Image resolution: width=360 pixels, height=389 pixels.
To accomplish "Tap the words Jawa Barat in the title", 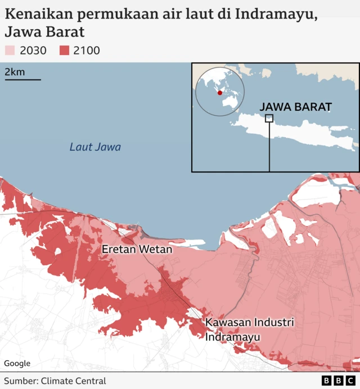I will pos(45,31).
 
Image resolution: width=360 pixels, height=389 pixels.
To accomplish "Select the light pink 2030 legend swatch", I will pos(10,51).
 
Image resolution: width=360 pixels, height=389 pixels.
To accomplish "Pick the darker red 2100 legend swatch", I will pos(64,51).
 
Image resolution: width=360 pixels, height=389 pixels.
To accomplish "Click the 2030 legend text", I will pos(33,51).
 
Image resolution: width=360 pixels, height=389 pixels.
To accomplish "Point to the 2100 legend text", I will pos(87,51).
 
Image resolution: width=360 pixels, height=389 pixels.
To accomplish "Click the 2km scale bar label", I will pos(15,71).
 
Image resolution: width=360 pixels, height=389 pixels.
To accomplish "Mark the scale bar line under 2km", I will pos(22,79).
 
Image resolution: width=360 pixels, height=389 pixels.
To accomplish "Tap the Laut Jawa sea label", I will pos(95,147).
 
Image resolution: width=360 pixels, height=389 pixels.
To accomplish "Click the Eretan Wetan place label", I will pos(137,248).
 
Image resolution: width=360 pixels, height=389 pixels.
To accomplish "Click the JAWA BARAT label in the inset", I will pos(295,107).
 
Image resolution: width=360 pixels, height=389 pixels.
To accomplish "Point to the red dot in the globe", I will pos(220,93).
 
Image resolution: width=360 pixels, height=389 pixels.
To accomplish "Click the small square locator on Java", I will pos(269,118).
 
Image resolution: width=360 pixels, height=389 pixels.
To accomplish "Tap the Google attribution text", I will pos(17,364).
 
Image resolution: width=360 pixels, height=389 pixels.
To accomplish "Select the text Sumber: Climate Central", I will pos(55,381).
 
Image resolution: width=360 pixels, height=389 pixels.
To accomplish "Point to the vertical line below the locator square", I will pos(269,146).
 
